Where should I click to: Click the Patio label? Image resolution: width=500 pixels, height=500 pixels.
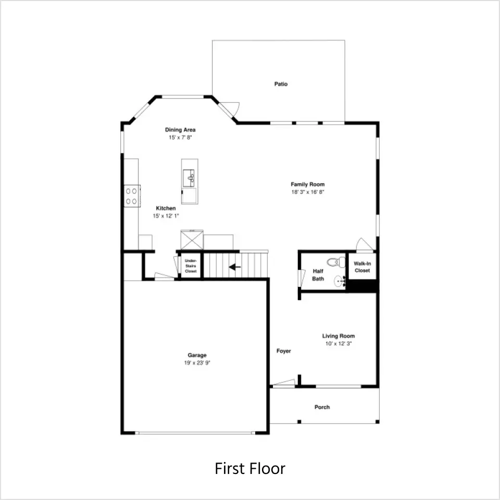[281, 84]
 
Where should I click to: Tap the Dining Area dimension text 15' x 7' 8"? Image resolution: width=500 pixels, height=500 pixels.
[180, 137]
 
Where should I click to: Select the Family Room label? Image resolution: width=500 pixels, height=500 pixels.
[308, 184]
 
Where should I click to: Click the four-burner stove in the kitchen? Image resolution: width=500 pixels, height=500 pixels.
[132, 196]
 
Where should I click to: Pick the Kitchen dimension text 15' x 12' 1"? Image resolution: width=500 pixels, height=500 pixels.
[166, 216]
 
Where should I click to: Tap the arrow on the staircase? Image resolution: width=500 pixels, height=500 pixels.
[235, 267]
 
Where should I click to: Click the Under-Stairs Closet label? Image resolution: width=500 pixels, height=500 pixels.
[191, 266]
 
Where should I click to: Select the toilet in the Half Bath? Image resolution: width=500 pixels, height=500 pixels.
[336, 262]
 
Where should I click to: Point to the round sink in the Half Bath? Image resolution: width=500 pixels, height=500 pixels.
[340, 281]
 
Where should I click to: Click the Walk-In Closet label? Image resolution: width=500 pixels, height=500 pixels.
[362, 267]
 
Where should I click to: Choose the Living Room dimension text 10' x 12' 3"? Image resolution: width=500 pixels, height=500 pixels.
[339, 343]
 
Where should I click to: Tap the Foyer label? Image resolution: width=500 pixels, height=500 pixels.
[283, 351]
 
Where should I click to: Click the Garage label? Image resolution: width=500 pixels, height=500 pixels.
[197, 355]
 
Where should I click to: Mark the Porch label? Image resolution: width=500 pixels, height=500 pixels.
[322, 407]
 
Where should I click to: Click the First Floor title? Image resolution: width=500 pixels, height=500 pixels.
[250, 468]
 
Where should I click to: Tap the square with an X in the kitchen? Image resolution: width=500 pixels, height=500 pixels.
[192, 240]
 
